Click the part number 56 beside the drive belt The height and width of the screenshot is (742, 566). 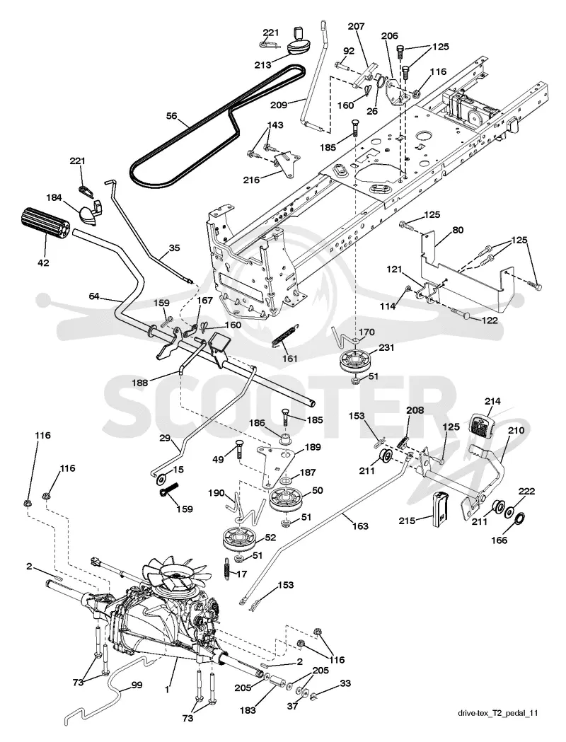(x=172, y=115)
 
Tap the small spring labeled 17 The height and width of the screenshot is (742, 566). (x=228, y=567)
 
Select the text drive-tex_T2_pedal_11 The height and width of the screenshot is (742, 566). (x=498, y=726)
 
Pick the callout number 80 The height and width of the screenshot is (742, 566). (x=458, y=231)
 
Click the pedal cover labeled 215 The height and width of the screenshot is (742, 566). (x=440, y=508)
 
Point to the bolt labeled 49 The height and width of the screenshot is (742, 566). (x=239, y=448)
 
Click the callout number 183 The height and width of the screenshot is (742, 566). (x=248, y=710)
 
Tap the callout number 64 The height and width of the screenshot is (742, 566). (x=95, y=296)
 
